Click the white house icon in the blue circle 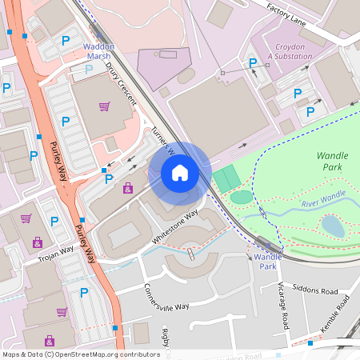pos(180,173)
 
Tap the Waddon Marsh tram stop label pos(99,52)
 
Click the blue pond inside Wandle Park pos(333,226)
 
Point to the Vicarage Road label pos(283,305)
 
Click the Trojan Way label pos(55,254)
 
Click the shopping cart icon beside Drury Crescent pos(104,106)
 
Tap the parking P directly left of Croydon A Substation pos(253,63)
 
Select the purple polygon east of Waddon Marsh pos(164,64)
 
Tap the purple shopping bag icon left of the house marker pos(127,188)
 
